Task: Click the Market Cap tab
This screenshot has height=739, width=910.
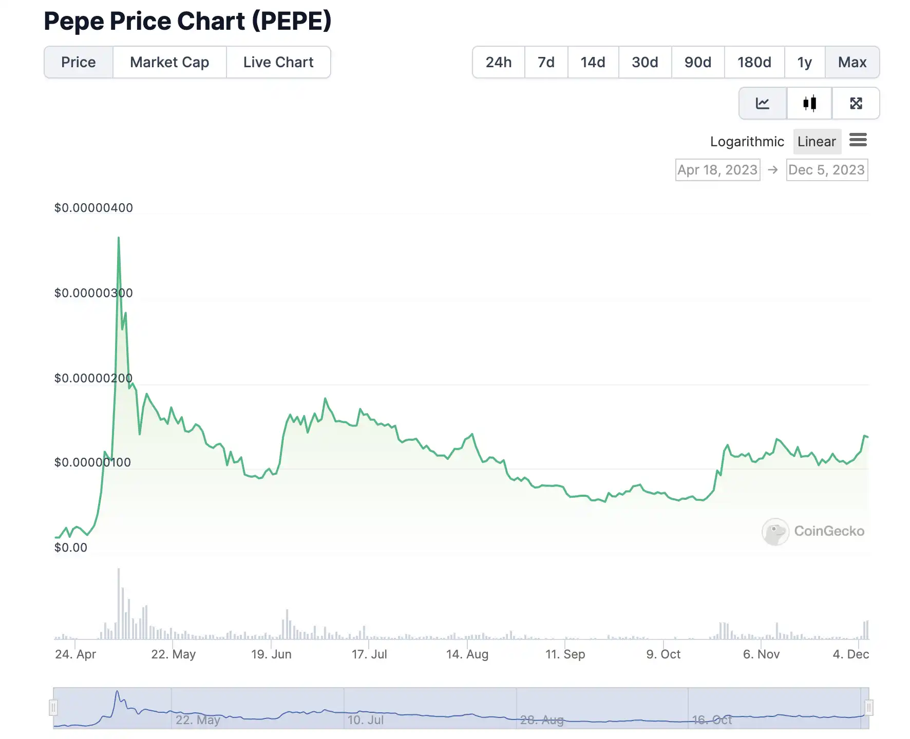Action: (169, 63)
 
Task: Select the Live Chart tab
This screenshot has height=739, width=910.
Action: (278, 63)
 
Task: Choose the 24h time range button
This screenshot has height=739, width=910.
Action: (499, 63)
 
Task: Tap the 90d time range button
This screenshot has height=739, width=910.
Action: (697, 63)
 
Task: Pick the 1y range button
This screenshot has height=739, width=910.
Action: (804, 63)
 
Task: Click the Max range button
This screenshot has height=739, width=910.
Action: (852, 63)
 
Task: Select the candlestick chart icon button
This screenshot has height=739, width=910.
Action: (809, 104)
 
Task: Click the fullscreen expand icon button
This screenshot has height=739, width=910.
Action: (856, 104)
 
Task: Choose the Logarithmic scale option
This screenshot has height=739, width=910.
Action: (747, 142)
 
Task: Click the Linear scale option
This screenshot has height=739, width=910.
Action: (817, 142)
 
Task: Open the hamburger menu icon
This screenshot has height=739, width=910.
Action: (858, 140)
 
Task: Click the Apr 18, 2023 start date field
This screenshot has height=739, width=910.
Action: (717, 170)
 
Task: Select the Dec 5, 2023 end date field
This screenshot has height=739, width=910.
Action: (827, 170)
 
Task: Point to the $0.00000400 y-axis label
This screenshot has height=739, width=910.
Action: (93, 208)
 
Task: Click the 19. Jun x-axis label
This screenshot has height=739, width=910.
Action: (271, 654)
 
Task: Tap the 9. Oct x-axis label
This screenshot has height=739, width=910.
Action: (663, 654)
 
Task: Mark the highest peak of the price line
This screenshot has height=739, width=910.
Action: (119, 238)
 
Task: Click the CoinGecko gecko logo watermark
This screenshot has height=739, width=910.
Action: (775, 532)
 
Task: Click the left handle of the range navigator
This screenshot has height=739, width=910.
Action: (53, 708)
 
